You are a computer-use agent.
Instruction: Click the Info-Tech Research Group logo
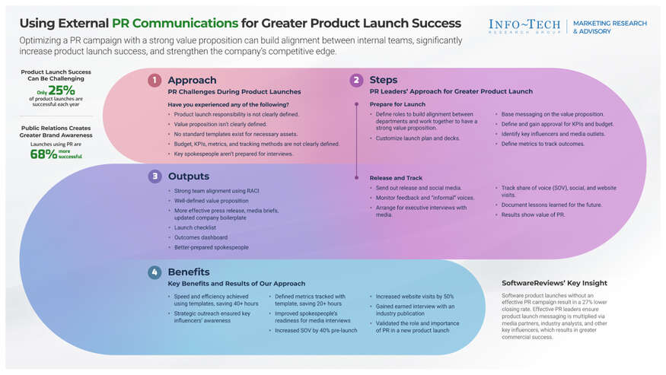coord(526,27)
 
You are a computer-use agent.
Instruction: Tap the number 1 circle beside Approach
coord(155,80)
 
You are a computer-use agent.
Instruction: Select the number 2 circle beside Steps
coord(356,80)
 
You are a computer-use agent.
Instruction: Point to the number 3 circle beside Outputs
coord(155,176)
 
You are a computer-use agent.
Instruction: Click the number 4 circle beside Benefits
coord(155,272)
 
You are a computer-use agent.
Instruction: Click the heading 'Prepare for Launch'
coord(397,103)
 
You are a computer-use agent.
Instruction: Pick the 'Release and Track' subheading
coord(396,177)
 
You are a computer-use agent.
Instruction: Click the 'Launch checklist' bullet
coord(195,227)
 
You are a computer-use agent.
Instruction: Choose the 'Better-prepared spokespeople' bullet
coord(211,247)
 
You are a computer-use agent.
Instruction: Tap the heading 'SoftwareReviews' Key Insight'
coord(554,283)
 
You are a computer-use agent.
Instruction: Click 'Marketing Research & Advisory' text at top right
coord(609,27)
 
